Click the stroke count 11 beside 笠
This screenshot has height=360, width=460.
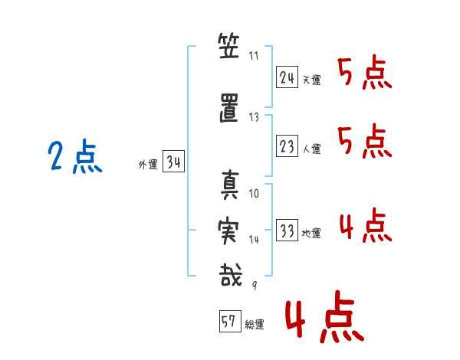[x=255, y=56]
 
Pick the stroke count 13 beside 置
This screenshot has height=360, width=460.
[x=255, y=117]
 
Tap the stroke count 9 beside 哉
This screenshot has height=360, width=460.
[x=255, y=286]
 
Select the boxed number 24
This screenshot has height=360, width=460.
[x=287, y=78]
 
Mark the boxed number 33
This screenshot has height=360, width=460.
[x=287, y=231]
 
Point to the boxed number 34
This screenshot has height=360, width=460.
[x=173, y=162]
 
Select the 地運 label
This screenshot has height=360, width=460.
[x=312, y=234]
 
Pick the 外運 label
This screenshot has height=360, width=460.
[x=147, y=165]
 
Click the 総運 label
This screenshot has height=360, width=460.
[x=255, y=324]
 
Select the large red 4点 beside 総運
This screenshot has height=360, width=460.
[x=324, y=319]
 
